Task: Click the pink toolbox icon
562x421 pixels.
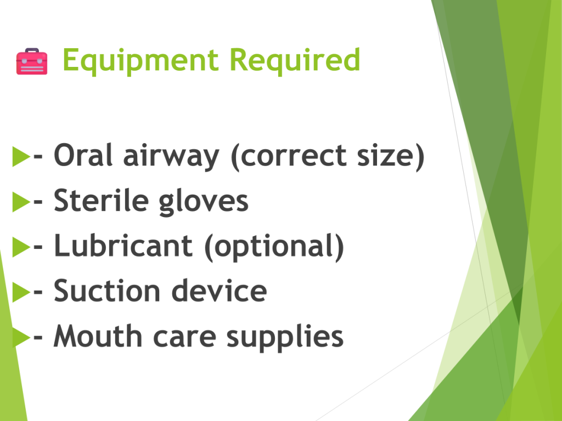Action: [32, 61]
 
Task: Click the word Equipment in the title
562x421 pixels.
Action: [140, 61]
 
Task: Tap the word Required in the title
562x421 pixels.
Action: [295, 60]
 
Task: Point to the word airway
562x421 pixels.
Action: [171, 157]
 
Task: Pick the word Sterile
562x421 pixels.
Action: [101, 201]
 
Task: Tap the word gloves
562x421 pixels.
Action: [203, 202]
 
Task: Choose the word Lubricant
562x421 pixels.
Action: [123, 246]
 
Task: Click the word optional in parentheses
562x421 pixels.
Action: [274, 247]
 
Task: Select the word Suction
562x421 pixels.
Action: [107, 291]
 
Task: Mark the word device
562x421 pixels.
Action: [220, 291]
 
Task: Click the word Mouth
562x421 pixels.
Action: [98, 336]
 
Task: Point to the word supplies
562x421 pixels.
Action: [285, 338]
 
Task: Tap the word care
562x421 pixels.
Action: [184, 338]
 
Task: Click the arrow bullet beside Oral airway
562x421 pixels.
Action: [21, 156]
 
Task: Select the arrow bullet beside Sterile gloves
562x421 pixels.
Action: [21, 202]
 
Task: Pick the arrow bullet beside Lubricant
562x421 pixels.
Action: [21, 247]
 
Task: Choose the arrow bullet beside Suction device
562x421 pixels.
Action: [21, 292]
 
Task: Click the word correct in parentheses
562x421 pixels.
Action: [294, 156]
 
